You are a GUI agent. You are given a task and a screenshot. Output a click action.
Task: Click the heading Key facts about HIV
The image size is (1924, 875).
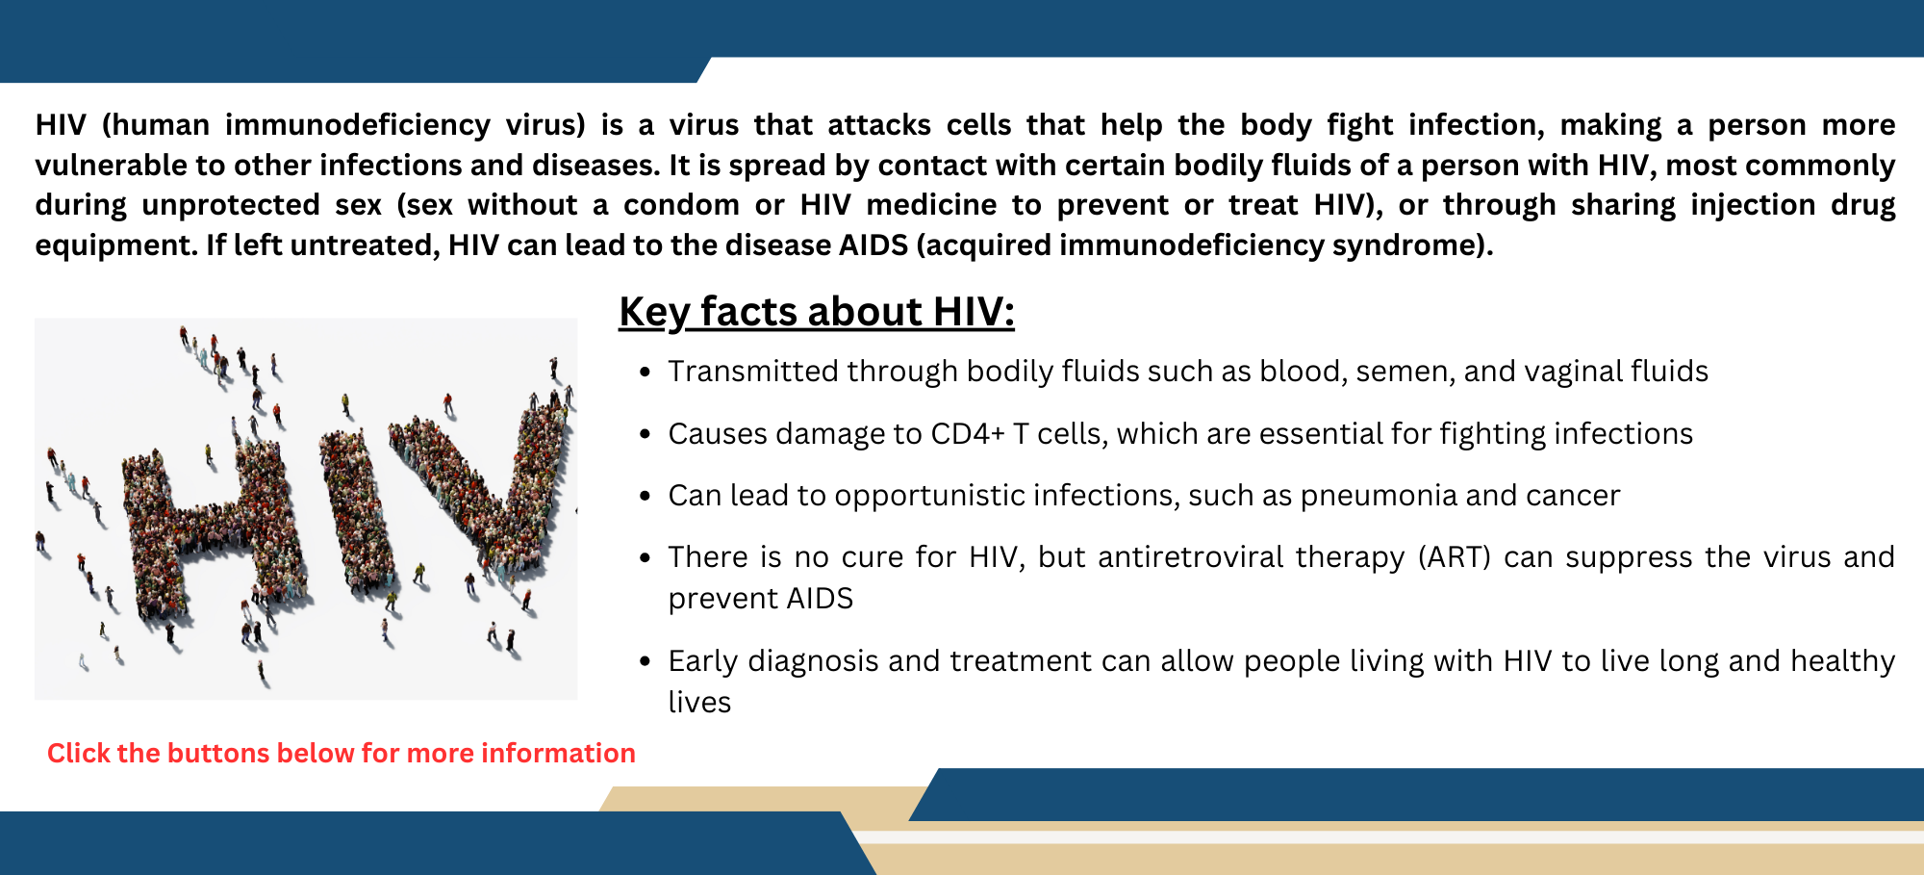coord(816,312)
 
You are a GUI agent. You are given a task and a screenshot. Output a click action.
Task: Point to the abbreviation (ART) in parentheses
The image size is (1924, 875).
coord(1455,557)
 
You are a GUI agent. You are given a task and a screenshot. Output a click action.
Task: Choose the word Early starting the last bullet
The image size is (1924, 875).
coord(703,661)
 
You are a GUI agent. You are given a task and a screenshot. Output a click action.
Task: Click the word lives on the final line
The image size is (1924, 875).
coord(699,703)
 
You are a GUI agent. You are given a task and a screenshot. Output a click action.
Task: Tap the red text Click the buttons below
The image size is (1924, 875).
coord(341,753)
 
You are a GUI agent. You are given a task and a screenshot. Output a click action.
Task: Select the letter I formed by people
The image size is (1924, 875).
coord(358,510)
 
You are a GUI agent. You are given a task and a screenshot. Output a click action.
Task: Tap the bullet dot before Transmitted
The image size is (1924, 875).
coord(646,373)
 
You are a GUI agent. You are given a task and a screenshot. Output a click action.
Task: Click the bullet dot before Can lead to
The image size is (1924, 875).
coord(646,497)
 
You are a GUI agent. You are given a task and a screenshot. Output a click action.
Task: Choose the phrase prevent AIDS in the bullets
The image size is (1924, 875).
coord(760,599)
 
